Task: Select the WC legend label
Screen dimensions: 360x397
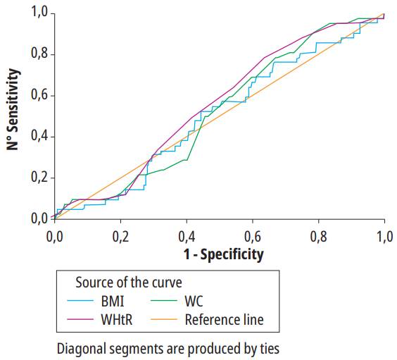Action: [195, 302]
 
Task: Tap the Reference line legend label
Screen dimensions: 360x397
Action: [224, 320]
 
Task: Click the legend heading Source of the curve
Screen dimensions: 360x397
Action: [128, 283]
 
